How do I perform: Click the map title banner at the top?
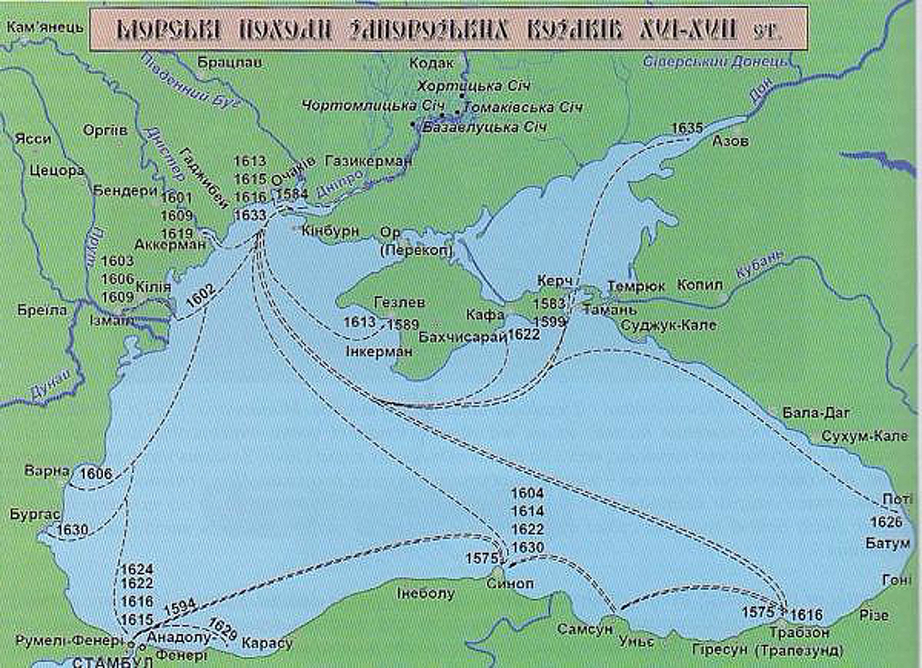pyautogui.click(x=447, y=29)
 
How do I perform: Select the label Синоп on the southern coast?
pyautogui.click(x=510, y=583)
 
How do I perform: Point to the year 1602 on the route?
pyautogui.click(x=200, y=295)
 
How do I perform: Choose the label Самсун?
pyautogui.click(x=584, y=629)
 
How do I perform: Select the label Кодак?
pyautogui.click(x=431, y=63)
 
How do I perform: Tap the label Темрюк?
pyautogui.click(x=636, y=286)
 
